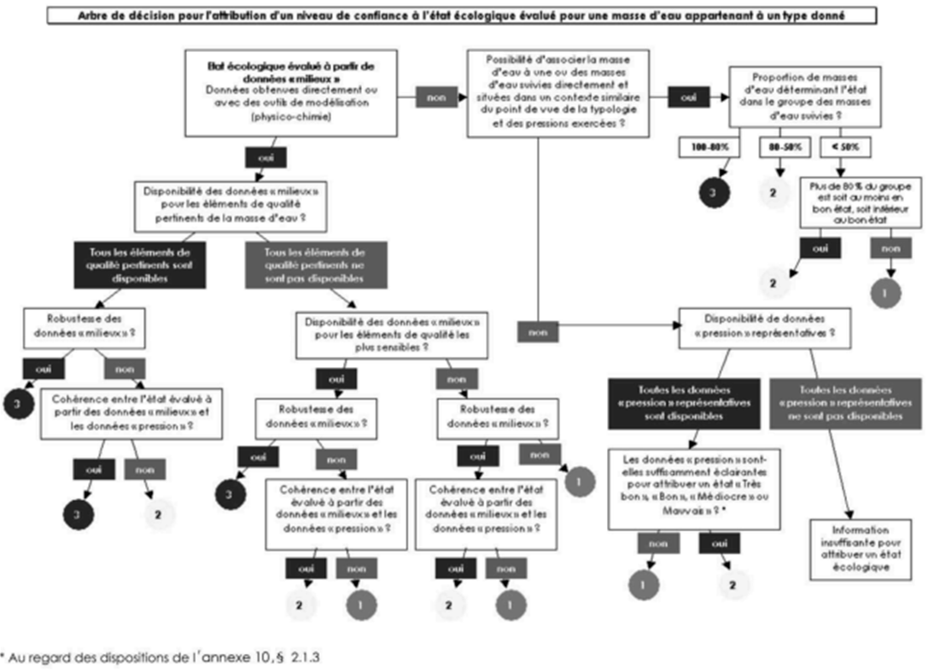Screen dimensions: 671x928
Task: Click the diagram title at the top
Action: [x=464, y=15]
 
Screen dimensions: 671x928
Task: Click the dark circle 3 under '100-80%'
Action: [x=711, y=194]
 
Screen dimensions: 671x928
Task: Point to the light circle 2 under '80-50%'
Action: [x=772, y=194]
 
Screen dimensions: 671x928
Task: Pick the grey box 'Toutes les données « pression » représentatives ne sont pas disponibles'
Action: [x=845, y=402]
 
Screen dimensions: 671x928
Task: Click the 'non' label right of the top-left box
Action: [x=435, y=97]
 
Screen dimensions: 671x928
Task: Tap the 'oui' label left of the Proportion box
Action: [x=689, y=97]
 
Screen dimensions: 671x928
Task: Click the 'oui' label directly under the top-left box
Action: [x=266, y=158]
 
